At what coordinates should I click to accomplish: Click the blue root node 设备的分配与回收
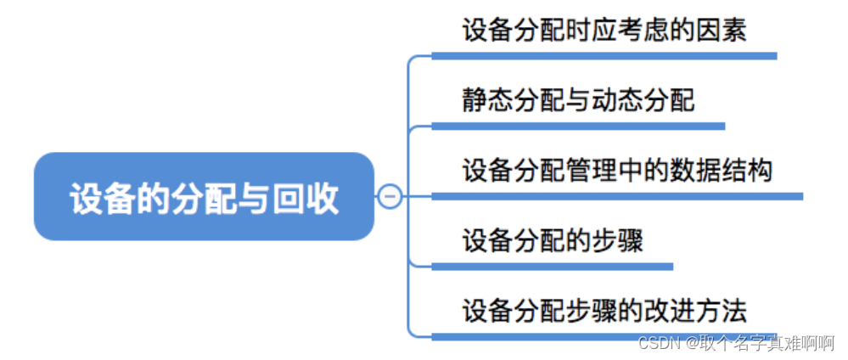pyautogui.click(x=204, y=196)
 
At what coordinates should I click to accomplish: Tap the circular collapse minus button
pyautogui.click(x=390, y=196)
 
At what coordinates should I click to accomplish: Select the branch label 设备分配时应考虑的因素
pyautogui.click(x=604, y=31)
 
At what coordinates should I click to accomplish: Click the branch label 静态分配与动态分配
pyautogui.click(x=578, y=100)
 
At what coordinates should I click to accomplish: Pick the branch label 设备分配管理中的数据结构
pyautogui.click(x=617, y=170)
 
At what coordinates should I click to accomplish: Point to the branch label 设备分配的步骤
pyautogui.click(x=553, y=240)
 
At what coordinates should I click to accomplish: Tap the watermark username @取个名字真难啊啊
pyautogui.click(x=761, y=343)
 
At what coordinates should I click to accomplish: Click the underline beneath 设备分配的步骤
pyautogui.click(x=553, y=267)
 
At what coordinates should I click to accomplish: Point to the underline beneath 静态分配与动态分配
pyautogui.click(x=578, y=127)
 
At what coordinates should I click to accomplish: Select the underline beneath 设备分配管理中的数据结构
pyautogui.click(x=617, y=196)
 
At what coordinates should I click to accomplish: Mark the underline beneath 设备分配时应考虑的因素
pyautogui.click(x=604, y=56)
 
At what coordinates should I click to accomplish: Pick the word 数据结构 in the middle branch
pyautogui.click(x=722, y=170)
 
